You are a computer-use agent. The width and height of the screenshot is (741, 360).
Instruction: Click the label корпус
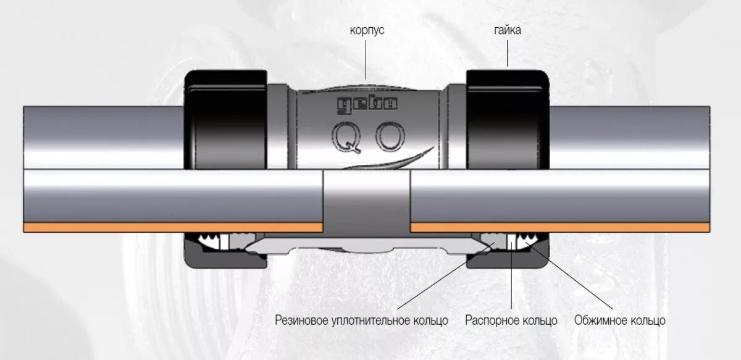pos(366,30)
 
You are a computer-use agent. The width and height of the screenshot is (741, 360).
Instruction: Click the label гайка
pos(507,30)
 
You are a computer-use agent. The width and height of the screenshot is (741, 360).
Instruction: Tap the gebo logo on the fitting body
pos(367,104)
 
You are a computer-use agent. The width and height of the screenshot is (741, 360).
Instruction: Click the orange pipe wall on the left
pos(173,227)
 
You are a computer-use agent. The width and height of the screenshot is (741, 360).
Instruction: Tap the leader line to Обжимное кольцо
pos(574,278)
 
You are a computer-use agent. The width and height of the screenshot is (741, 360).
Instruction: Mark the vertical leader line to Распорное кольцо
pos(512,278)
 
